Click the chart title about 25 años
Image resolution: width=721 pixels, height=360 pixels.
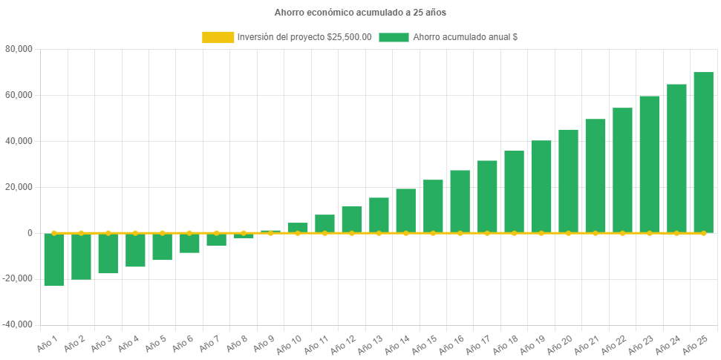coord(360,13)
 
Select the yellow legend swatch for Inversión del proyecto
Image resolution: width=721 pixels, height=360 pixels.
coord(218,37)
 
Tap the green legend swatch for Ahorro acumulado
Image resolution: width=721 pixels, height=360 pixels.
coord(394,37)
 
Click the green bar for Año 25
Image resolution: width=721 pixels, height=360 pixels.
coord(703,152)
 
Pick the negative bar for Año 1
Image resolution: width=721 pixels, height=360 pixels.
coord(54,259)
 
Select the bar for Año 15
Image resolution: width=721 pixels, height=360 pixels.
coord(433,206)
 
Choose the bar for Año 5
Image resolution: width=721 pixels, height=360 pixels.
coord(162,246)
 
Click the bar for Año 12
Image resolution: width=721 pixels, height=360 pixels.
coord(352,219)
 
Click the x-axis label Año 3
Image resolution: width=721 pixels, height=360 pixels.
coord(99,344)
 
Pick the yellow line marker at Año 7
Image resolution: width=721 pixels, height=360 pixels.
coord(216,233)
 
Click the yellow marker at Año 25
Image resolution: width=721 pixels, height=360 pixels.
coord(703,233)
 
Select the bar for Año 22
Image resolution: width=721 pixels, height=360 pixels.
coord(622,170)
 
